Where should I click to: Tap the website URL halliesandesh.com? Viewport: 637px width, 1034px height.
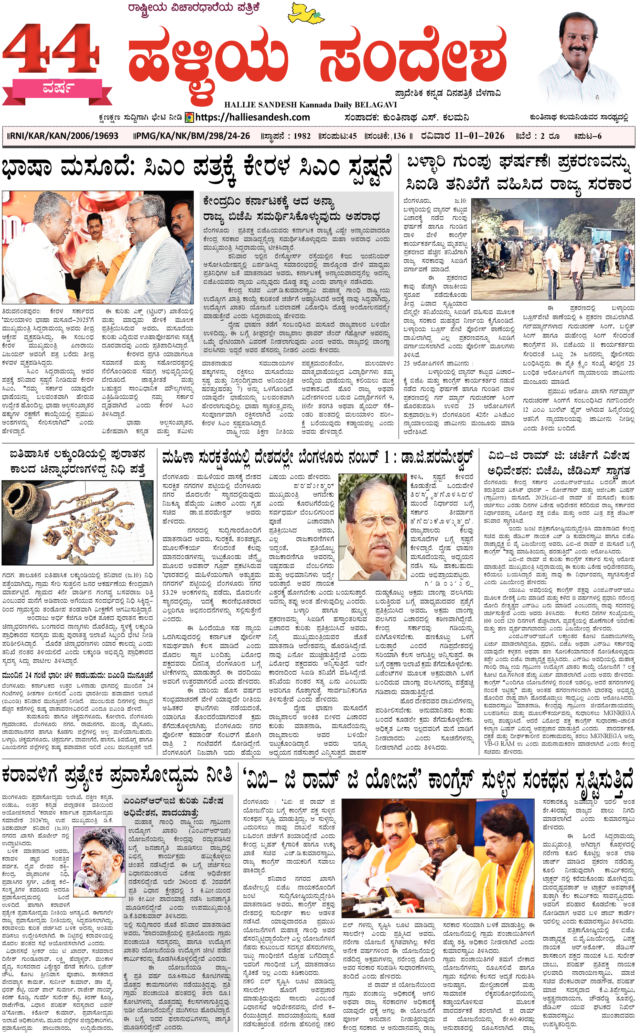(x=253, y=117)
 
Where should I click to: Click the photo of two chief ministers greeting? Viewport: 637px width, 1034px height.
(x=98, y=247)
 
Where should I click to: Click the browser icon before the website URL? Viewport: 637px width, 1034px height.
(x=190, y=117)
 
